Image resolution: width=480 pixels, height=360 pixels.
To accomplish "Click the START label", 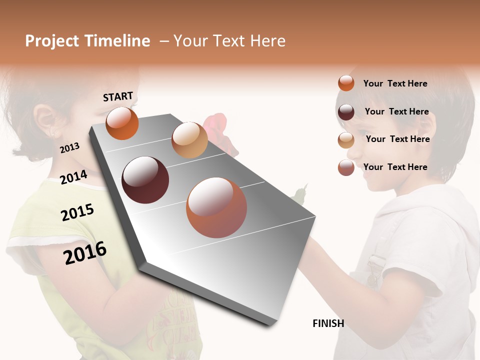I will pyautogui.click(x=118, y=96).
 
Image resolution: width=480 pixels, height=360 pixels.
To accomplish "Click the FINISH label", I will pyautogui.click(x=328, y=323).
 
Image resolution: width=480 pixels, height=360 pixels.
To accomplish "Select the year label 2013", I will pyautogui.click(x=69, y=147).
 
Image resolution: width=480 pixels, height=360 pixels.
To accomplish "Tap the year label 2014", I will pyautogui.click(x=73, y=177).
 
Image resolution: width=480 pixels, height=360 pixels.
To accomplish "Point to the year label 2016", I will pyautogui.click(x=85, y=252).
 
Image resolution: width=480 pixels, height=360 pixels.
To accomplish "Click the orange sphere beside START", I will pyautogui.click(x=122, y=123).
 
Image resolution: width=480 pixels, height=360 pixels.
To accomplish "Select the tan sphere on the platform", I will pyautogui.click(x=189, y=140).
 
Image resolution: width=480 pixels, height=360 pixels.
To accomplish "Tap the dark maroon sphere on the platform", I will pyautogui.click(x=145, y=180).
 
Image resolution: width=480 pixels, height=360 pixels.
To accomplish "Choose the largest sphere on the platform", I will pyautogui.click(x=216, y=207).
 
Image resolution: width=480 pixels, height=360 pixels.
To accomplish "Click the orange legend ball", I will pyautogui.click(x=346, y=83).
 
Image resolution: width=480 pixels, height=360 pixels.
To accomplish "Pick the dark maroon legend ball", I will pyautogui.click(x=346, y=111).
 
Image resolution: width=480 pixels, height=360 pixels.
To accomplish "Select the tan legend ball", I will pyautogui.click(x=346, y=140).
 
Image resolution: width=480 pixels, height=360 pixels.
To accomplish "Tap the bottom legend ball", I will pyautogui.click(x=346, y=167).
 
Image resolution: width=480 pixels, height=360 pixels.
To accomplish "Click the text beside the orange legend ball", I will pyautogui.click(x=395, y=83).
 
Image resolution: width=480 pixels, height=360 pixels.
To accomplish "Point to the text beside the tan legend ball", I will pyautogui.click(x=397, y=139).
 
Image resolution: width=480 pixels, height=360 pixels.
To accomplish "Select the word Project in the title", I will pyautogui.click(x=52, y=41).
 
